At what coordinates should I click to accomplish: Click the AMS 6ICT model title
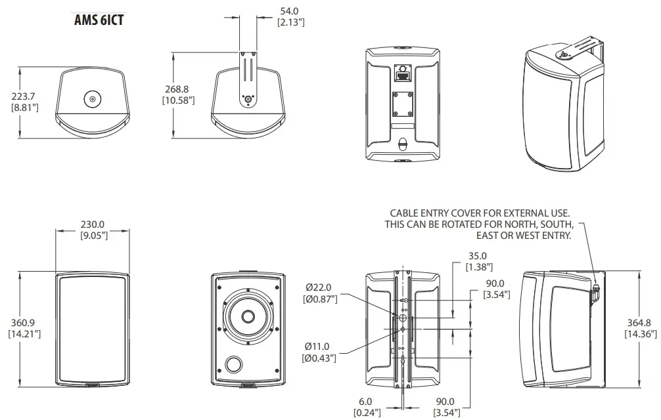(x=99, y=19)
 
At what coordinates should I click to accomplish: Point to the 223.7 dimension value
(x=24, y=96)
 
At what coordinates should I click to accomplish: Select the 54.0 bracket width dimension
(x=290, y=11)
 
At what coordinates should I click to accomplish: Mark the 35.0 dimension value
(x=477, y=256)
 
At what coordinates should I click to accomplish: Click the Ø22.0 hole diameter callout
(x=321, y=287)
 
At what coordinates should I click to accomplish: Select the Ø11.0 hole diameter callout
(x=320, y=346)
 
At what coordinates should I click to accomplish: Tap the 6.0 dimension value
(x=365, y=401)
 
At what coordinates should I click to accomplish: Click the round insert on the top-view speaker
(x=92, y=100)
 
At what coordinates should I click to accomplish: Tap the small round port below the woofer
(x=233, y=364)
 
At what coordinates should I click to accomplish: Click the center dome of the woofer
(x=248, y=316)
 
